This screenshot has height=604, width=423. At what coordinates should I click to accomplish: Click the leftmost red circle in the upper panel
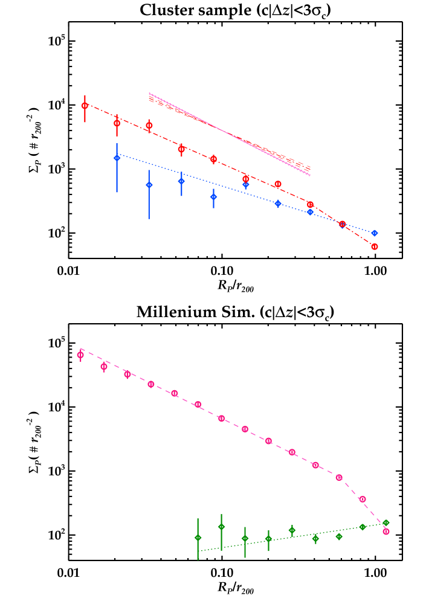pyautogui.click(x=85, y=106)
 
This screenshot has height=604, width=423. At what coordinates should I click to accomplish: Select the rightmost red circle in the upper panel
pyautogui.click(x=374, y=246)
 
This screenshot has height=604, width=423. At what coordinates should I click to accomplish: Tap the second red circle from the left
pyautogui.click(x=117, y=123)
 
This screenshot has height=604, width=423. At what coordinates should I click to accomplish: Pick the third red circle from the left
pyautogui.click(x=149, y=126)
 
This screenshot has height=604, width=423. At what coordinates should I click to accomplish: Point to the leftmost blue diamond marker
pyautogui.click(x=117, y=158)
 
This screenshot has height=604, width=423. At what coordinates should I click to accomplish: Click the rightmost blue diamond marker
pyautogui.click(x=374, y=233)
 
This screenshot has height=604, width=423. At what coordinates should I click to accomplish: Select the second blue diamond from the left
pyautogui.click(x=149, y=185)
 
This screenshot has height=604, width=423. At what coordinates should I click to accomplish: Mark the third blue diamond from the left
pyautogui.click(x=181, y=181)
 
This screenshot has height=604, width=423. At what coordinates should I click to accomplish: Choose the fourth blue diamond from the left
pyautogui.click(x=213, y=196)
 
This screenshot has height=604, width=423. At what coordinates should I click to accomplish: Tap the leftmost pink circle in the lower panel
pyautogui.click(x=80, y=355)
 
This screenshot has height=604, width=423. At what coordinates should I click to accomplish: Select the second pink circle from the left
pyautogui.click(x=104, y=367)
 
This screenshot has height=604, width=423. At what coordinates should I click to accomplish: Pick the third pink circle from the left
pyautogui.click(x=127, y=374)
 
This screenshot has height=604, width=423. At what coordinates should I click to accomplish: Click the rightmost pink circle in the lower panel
pyautogui.click(x=386, y=532)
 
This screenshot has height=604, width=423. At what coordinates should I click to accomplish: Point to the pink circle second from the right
pyautogui.click(x=363, y=499)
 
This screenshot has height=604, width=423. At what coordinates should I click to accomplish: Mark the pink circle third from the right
pyautogui.click(x=339, y=477)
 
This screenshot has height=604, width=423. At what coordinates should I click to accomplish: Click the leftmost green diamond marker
pyautogui.click(x=198, y=538)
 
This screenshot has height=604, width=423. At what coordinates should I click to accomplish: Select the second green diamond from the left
pyautogui.click(x=221, y=527)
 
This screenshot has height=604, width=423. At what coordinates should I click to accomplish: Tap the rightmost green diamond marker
pyautogui.click(x=386, y=523)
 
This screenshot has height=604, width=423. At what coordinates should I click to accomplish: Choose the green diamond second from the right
pyautogui.click(x=363, y=527)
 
